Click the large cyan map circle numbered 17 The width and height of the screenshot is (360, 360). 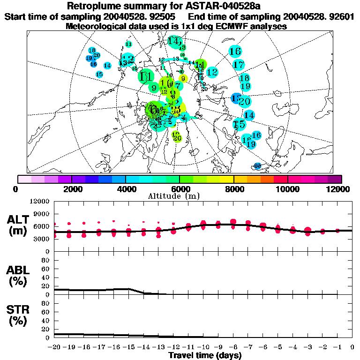(x=238, y=65)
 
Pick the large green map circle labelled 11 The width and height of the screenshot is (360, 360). (x=146, y=76)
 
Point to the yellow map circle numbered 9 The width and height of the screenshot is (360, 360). (x=183, y=78)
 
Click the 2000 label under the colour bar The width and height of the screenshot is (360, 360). (x=71, y=189)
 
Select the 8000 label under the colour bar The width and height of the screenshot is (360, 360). (x=233, y=189)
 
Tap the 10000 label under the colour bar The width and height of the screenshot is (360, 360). (x=288, y=189)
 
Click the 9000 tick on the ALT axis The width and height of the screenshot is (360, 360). (x=42, y=214)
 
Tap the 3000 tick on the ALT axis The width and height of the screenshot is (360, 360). (x=42, y=239)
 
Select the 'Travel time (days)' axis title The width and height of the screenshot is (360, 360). (x=205, y=355)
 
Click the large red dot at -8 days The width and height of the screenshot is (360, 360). (x=233, y=222)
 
